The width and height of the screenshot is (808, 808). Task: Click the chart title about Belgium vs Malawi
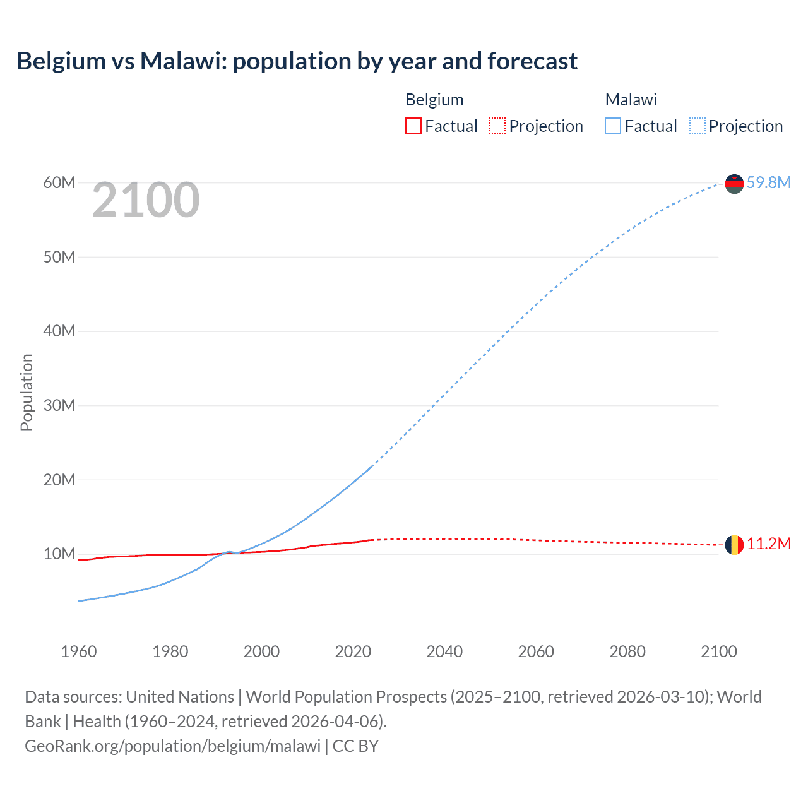point(297,61)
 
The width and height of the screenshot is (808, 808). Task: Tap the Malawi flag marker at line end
point(734,184)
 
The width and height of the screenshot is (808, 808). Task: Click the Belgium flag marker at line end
point(734,544)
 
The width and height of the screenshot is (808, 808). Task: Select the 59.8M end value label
point(768,182)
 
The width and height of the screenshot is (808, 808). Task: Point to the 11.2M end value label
point(768,544)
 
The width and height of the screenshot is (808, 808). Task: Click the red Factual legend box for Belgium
point(413,126)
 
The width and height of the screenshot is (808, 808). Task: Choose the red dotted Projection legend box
point(497,126)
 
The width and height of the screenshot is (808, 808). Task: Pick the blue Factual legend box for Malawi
point(612,126)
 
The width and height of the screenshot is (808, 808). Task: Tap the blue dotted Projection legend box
point(697,126)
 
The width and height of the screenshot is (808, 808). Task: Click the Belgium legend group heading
point(434,100)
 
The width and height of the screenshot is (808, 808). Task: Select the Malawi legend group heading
point(631,100)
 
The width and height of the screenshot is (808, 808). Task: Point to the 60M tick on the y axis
point(59,182)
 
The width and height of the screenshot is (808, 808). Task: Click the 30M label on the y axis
point(59,405)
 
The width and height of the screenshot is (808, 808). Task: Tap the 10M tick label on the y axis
point(59,554)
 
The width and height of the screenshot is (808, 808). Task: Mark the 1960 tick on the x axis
point(79,651)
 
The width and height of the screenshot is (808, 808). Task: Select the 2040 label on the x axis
point(444,651)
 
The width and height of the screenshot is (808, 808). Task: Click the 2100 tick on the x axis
point(718,651)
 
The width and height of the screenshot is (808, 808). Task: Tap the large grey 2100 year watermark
point(146,200)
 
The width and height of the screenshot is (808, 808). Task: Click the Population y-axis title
point(27,392)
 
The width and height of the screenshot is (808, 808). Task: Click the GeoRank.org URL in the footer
point(172,746)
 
